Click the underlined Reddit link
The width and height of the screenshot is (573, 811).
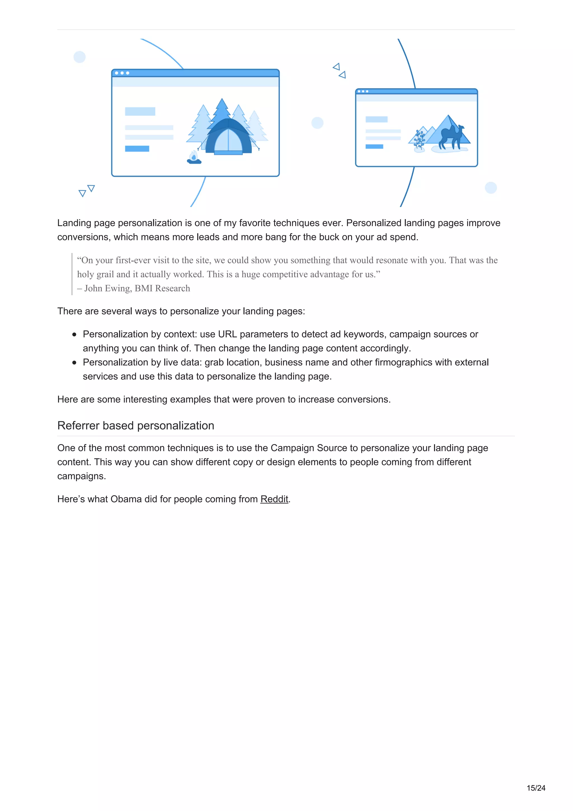click(x=274, y=499)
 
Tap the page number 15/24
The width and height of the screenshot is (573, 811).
click(x=536, y=788)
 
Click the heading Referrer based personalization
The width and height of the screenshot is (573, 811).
click(x=136, y=425)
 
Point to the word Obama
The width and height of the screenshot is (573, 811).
click(x=126, y=499)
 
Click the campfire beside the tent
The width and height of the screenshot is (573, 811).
click(x=194, y=158)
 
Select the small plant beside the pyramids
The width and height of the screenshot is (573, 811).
click(x=419, y=140)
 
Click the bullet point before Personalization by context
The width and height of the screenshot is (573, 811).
click(x=74, y=334)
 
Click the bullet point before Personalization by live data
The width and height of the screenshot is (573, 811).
click(x=74, y=362)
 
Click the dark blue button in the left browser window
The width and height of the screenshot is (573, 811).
click(x=137, y=149)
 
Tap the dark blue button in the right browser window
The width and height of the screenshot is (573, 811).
click(x=374, y=147)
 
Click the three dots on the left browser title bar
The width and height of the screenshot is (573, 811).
click(x=122, y=73)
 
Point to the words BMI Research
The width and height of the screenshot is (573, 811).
click(x=162, y=288)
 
